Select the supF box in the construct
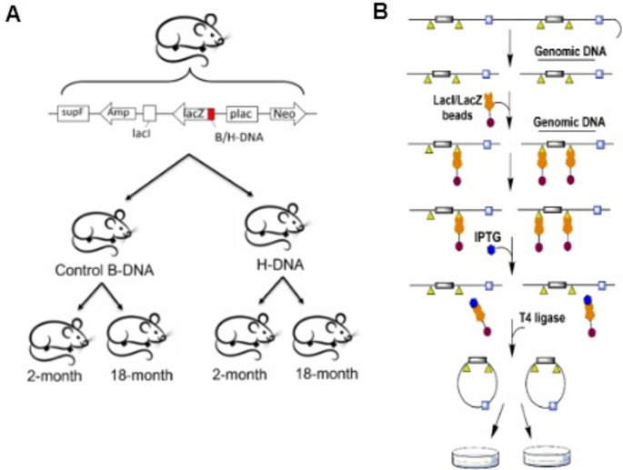pos(71,112)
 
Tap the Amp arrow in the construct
pos(116,112)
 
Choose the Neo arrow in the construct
pos(289,113)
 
